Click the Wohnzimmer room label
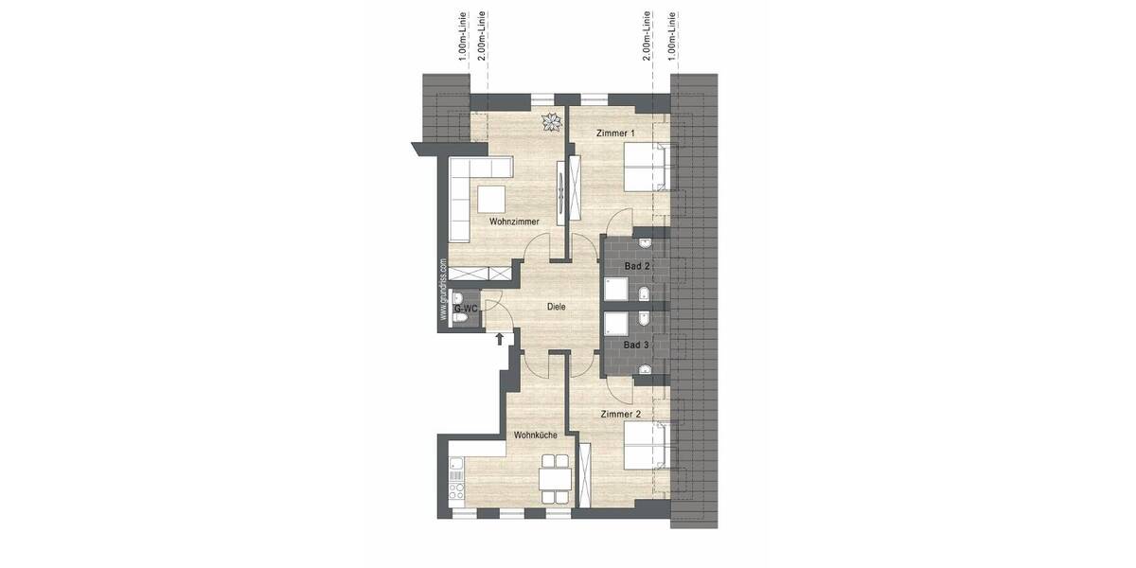[514, 222]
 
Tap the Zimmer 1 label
[616, 134]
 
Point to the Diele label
[557, 306]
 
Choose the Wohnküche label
[534, 436]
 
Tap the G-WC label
[465, 309]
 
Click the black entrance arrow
[500, 338]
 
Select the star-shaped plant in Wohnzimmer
[550, 121]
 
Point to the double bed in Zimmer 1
[646, 167]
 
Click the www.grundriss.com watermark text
[442, 293]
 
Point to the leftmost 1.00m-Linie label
[461, 37]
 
